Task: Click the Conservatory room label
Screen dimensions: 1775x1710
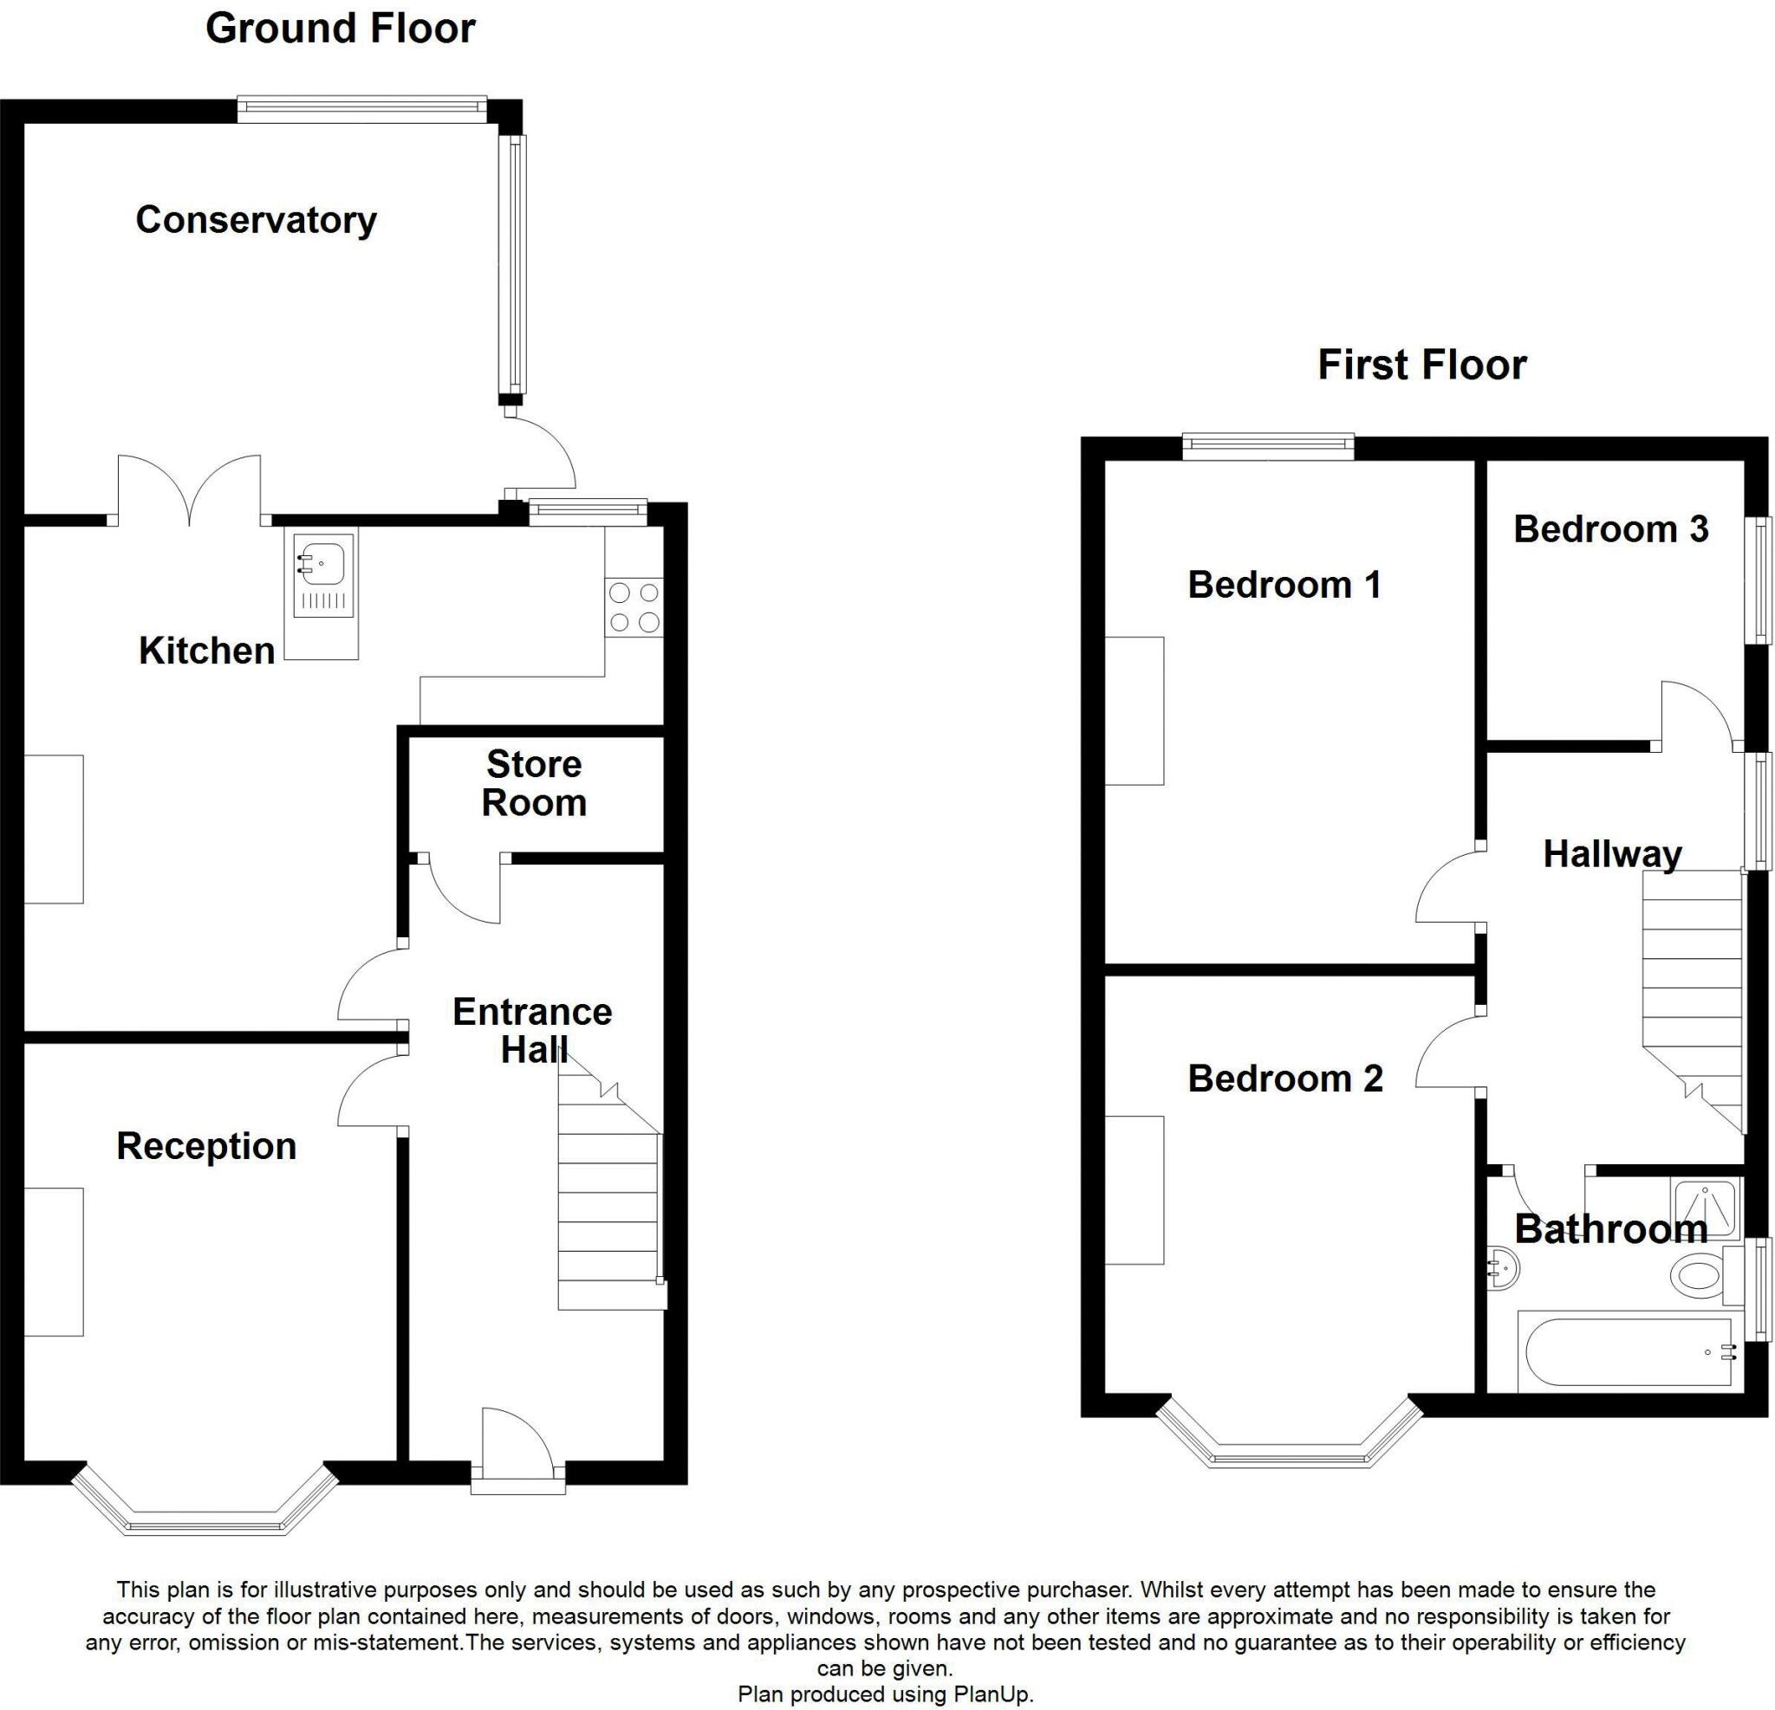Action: [x=257, y=220]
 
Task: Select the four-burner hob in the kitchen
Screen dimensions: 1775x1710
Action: [x=634, y=607]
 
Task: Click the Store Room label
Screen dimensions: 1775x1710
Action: [x=533, y=783]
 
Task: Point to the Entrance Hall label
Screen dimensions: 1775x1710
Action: [x=532, y=1030]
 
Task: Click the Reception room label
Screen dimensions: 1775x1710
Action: [x=206, y=1146]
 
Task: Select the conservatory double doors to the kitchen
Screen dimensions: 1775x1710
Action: [x=190, y=489]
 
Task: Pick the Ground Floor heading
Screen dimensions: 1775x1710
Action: [x=341, y=28]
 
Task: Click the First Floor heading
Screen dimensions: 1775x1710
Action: [x=1421, y=365]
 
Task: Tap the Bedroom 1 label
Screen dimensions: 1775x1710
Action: [x=1284, y=585]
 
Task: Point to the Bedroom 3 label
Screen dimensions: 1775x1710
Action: [x=1610, y=529]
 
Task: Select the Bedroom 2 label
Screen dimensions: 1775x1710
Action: [x=1285, y=1078]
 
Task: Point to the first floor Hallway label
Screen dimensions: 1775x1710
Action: [x=1612, y=853]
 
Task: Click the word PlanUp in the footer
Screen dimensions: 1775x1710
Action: [x=992, y=1694]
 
